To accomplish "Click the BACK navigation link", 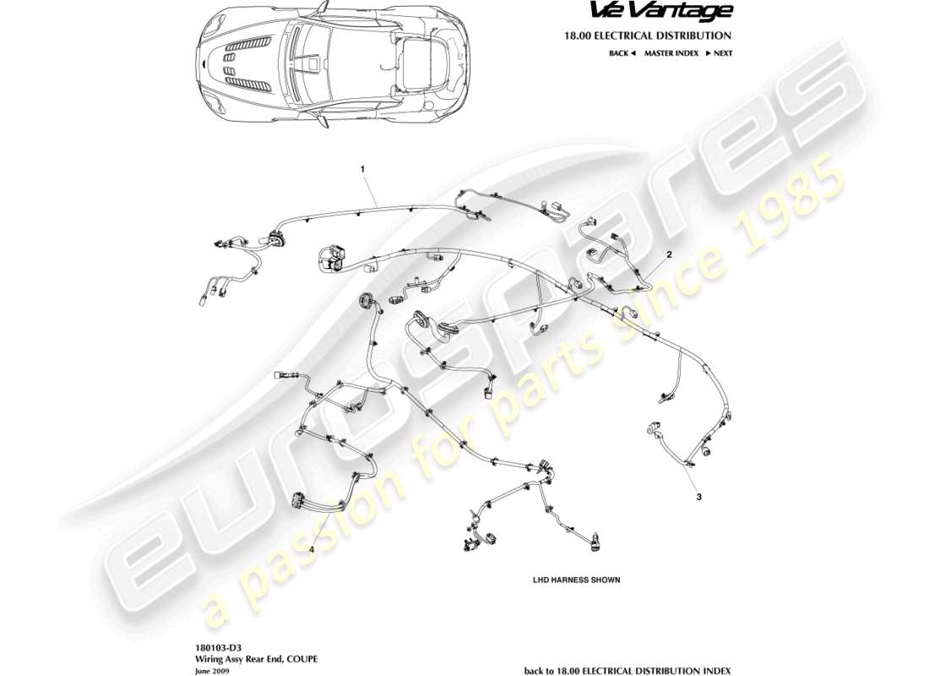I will (618, 53).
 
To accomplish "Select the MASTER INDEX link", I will (671, 53).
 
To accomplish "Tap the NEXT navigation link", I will (722, 53).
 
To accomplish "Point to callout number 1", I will (363, 170).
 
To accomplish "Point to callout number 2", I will (669, 253).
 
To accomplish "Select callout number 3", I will (698, 497).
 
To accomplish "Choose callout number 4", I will (311, 549).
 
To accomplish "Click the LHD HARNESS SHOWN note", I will (576, 581).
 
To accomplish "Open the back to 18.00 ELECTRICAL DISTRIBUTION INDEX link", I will (627, 670).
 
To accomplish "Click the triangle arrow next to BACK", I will (633, 53).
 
